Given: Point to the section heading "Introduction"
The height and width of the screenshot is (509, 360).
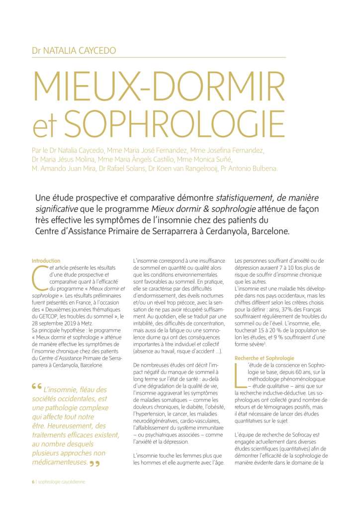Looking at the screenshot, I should pos(46,261).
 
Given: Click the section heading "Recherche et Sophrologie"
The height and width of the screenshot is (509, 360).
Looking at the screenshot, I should pos(264,358).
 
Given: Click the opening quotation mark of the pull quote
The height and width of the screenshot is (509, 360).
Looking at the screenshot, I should pos(36,386).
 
